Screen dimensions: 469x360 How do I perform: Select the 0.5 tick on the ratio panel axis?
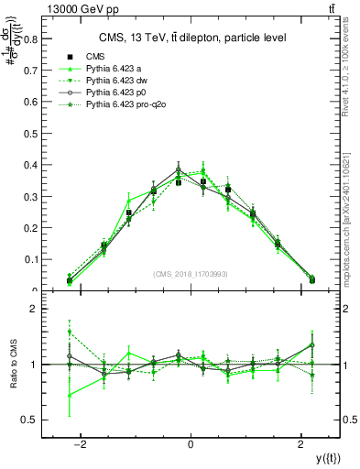click(30, 420)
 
